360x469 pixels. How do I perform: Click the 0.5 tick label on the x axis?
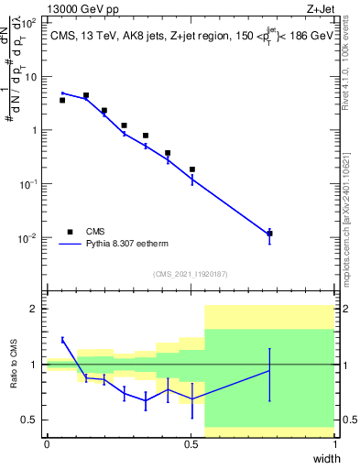tap(191, 444)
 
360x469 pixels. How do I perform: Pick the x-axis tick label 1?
tap(335, 444)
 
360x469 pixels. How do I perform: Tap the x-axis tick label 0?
tap(47, 444)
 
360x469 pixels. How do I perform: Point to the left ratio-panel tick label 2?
tap(34, 309)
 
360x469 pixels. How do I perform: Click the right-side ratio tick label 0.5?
tap(349, 420)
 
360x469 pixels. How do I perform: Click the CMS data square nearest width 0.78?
tap(269, 234)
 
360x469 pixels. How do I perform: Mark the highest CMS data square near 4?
tap(86, 95)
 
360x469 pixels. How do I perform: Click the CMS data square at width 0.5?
tap(191, 169)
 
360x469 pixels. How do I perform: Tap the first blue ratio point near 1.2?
tap(62, 340)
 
